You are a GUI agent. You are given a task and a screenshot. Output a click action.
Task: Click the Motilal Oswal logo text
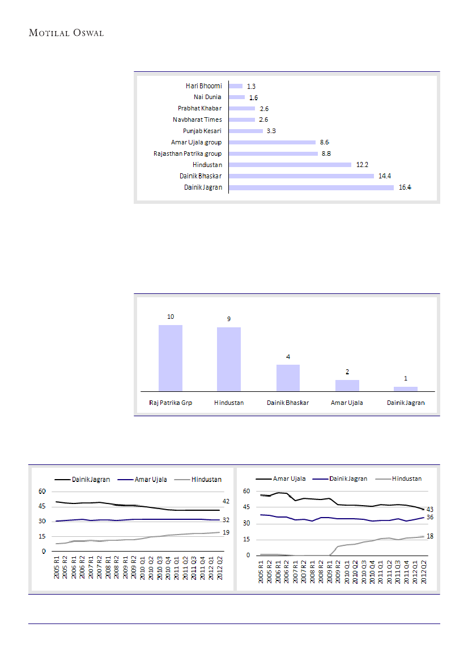pyautogui.click(x=66, y=33)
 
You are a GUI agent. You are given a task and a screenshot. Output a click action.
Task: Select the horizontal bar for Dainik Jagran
pyautogui.click(x=310, y=187)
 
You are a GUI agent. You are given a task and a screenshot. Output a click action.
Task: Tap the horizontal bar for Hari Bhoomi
pyautogui.click(x=236, y=86)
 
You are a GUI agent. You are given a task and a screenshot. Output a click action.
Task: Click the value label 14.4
pyautogui.click(x=384, y=176)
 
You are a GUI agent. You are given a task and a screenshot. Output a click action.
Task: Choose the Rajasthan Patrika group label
pyautogui.click(x=188, y=153)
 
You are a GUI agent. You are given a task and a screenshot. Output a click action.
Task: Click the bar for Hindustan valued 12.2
pyautogui.click(x=290, y=165)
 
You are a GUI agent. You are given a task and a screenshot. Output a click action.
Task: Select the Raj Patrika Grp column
pyautogui.click(x=170, y=358)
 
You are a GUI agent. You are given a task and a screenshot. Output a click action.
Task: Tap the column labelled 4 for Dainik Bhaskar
pyautogui.click(x=288, y=378)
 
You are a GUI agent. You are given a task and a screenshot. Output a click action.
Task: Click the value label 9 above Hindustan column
pyautogui.click(x=229, y=319)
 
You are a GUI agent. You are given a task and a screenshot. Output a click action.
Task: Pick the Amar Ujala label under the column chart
pyautogui.click(x=347, y=403)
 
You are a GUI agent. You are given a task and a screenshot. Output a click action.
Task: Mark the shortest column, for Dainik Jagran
pyautogui.click(x=406, y=388)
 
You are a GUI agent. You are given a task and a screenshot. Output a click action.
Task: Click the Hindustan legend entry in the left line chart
pyautogui.click(x=206, y=480)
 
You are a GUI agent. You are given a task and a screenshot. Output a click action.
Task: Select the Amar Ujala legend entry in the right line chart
pyautogui.click(x=290, y=479)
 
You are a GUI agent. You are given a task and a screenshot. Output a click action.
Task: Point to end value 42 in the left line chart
pyautogui.click(x=226, y=502)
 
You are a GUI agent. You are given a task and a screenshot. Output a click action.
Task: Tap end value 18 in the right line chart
pyautogui.click(x=429, y=536)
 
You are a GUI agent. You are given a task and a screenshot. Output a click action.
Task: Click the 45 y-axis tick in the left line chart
pyautogui.click(x=42, y=507)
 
